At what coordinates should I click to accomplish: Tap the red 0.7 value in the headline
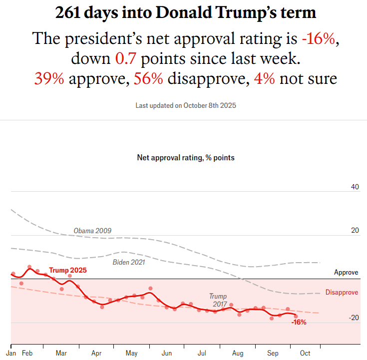[x=126, y=58]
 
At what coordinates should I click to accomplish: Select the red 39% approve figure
[x=49, y=78]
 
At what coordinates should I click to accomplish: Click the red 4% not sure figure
[x=264, y=78]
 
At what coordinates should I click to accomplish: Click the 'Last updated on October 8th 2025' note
[x=185, y=106]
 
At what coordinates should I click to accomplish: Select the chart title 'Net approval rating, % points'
[x=185, y=158]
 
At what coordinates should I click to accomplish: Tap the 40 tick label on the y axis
[x=355, y=187]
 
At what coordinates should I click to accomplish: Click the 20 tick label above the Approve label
[x=355, y=231]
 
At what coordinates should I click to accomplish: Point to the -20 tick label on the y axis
[x=354, y=318]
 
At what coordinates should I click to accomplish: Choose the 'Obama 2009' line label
[x=92, y=231]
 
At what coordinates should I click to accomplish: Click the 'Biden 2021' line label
[x=128, y=262]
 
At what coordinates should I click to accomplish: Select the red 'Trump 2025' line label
[x=67, y=270]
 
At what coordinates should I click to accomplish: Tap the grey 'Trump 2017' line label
[x=218, y=300]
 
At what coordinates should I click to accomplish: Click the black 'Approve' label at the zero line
[x=346, y=273]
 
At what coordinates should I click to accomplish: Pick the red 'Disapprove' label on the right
[x=342, y=293]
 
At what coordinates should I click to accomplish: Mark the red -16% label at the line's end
[x=299, y=323]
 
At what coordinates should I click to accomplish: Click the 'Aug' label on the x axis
[x=238, y=354]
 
